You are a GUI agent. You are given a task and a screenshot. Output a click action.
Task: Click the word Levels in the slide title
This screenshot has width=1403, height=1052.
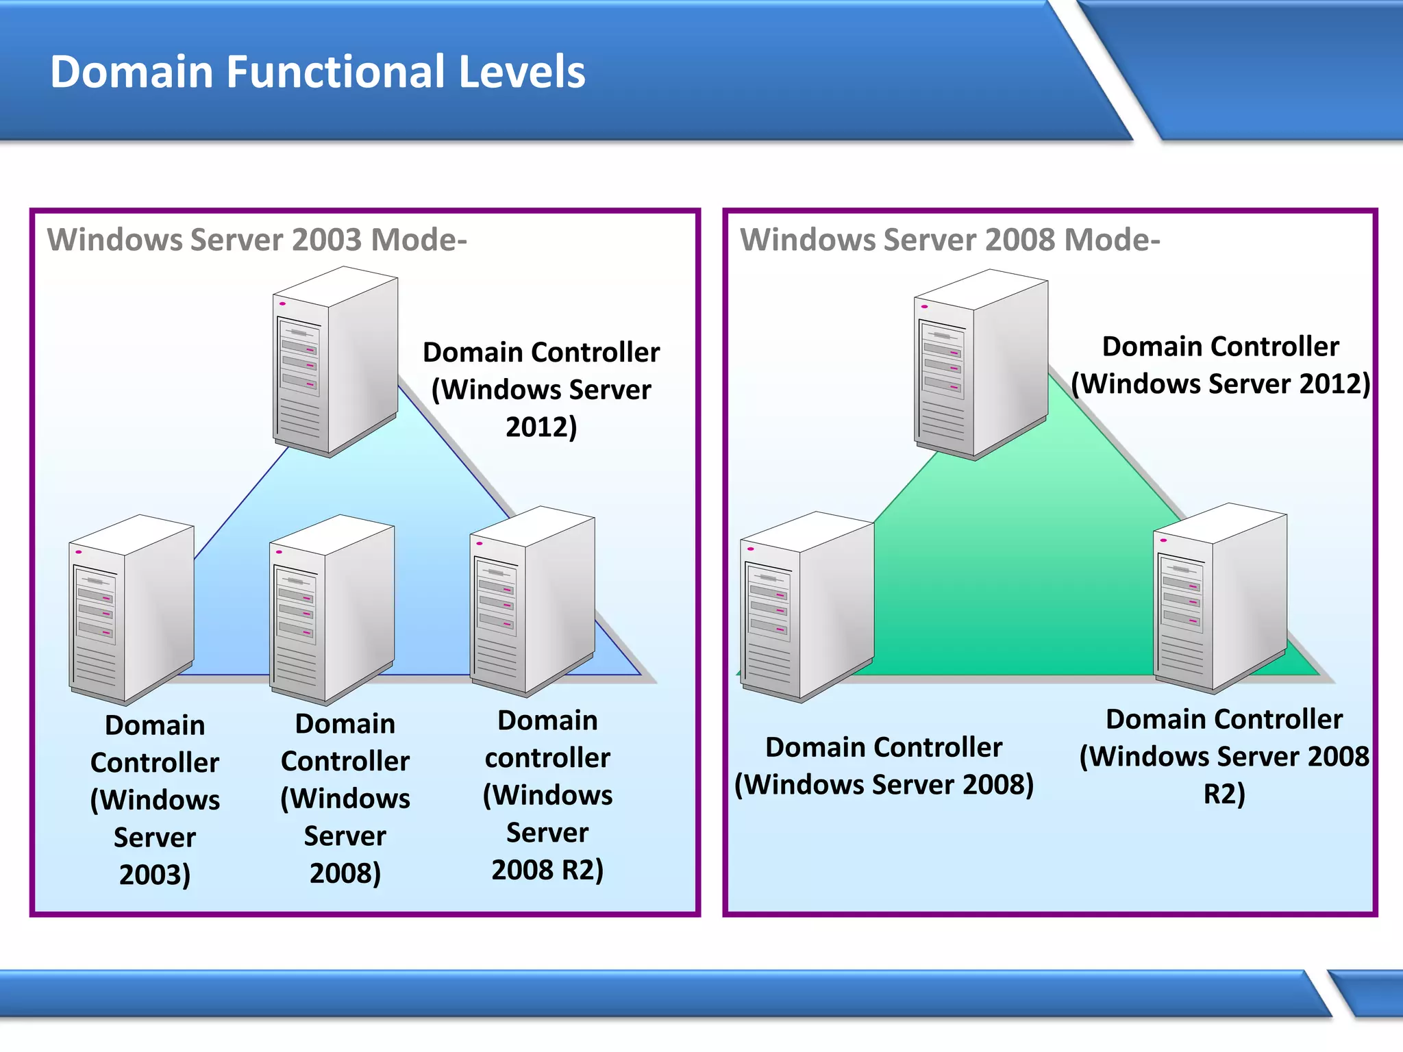click(521, 72)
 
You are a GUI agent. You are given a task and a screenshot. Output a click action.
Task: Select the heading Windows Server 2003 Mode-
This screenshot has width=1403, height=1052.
click(257, 240)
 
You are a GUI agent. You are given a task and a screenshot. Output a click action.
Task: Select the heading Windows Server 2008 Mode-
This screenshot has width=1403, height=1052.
click(949, 240)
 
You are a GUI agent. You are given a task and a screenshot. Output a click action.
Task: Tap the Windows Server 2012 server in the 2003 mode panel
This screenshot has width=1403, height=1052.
click(335, 362)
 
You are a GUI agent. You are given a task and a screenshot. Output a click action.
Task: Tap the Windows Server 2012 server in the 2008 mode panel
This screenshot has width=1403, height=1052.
click(980, 364)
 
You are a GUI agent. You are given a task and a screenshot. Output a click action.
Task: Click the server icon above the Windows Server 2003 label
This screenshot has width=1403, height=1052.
click(131, 610)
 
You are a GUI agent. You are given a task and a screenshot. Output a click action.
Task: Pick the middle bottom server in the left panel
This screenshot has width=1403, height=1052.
click(332, 610)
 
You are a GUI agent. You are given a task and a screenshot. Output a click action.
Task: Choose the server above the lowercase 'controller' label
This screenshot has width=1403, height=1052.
click(532, 601)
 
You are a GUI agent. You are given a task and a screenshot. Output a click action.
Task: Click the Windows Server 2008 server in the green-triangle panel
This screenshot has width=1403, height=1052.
click(806, 607)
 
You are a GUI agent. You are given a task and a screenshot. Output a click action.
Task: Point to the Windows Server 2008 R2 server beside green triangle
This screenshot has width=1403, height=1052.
click(1220, 599)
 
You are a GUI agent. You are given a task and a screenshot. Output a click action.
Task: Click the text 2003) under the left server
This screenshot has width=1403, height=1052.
click(155, 875)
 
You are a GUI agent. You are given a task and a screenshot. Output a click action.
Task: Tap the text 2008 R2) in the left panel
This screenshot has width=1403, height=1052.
click(547, 870)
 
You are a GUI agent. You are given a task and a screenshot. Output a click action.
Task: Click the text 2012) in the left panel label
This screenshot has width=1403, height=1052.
click(541, 427)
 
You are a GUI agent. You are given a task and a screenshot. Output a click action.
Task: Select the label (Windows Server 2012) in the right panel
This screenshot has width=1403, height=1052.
click(1221, 384)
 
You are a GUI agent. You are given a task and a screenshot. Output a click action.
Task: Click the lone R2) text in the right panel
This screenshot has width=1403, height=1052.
click(1224, 794)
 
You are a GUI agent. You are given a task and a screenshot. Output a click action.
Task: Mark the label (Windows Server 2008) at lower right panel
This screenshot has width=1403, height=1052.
click(884, 784)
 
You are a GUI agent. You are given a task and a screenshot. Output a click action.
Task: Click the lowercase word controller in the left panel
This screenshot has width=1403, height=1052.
click(547, 757)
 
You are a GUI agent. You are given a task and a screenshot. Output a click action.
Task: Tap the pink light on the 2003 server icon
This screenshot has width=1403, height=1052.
click(79, 551)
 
